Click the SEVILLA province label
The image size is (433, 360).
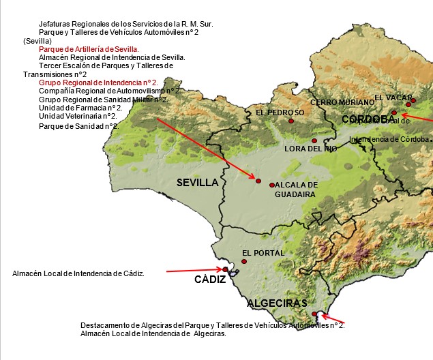pyautogui.click(x=197, y=183)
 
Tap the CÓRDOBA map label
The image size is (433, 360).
pyautogui.click(x=368, y=120)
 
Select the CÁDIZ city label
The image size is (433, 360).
pyautogui.click(x=210, y=280)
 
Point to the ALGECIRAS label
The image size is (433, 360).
pyautogui.click(x=277, y=303)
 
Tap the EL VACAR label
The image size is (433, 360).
pyautogui.click(x=393, y=97)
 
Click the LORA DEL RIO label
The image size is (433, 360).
pyautogui.click(x=310, y=149)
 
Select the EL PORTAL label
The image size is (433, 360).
pyautogui.click(x=263, y=253)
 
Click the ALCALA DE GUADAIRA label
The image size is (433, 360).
pyautogui.click(x=296, y=190)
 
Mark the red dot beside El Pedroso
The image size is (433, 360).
pyautogui.click(x=291, y=121)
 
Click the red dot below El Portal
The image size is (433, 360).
pyautogui.click(x=244, y=262)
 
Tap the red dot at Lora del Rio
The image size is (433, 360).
pyautogui.click(x=314, y=140)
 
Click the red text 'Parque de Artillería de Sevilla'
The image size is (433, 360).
pyautogui.click(x=89, y=50)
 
